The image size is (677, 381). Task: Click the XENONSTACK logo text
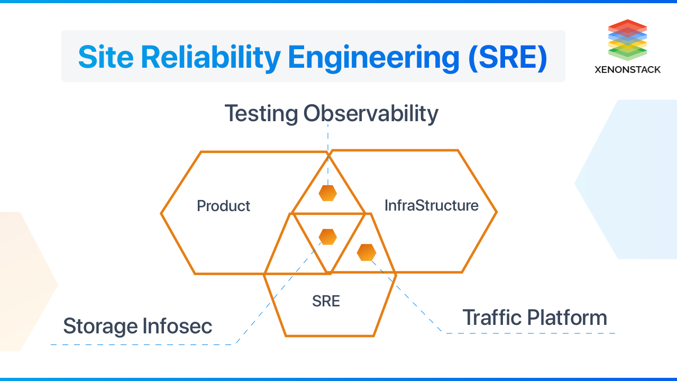click(x=627, y=69)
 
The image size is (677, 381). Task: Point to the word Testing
click(x=261, y=114)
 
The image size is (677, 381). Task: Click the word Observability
click(x=371, y=114)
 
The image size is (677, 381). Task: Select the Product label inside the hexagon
click(x=223, y=206)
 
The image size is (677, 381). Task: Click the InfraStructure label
click(x=431, y=205)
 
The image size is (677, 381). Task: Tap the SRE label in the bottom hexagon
click(x=326, y=302)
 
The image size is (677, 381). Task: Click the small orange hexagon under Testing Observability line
click(x=328, y=193)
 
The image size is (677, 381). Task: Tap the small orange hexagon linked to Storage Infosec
click(x=328, y=237)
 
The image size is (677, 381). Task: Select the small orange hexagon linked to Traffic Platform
click(x=366, y=252)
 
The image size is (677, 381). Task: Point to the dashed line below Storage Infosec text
click(x=143, y=344)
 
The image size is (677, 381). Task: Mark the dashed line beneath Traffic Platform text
click(x=529, y=333)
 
